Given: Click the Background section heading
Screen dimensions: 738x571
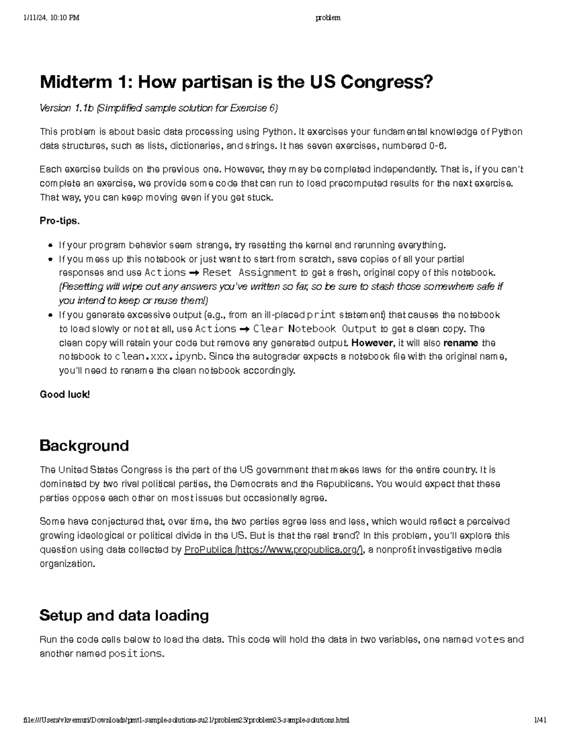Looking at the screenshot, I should (84, 446).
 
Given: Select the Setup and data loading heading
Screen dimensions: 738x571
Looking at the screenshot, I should (124, 615).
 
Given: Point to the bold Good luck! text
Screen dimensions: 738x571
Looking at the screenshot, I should (65, 394).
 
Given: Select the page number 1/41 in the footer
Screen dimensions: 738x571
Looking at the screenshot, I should (540, 720).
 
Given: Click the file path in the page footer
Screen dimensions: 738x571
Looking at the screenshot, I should (186, 720).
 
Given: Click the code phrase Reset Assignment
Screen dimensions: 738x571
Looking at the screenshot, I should (249, 273).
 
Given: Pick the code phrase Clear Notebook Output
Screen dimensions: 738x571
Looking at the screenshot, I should (315, 329).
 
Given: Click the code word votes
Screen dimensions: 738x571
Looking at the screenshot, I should (490, 640).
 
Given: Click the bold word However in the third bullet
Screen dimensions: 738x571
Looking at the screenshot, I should (372, 343).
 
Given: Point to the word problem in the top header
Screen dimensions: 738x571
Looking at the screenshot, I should (328, 18).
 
